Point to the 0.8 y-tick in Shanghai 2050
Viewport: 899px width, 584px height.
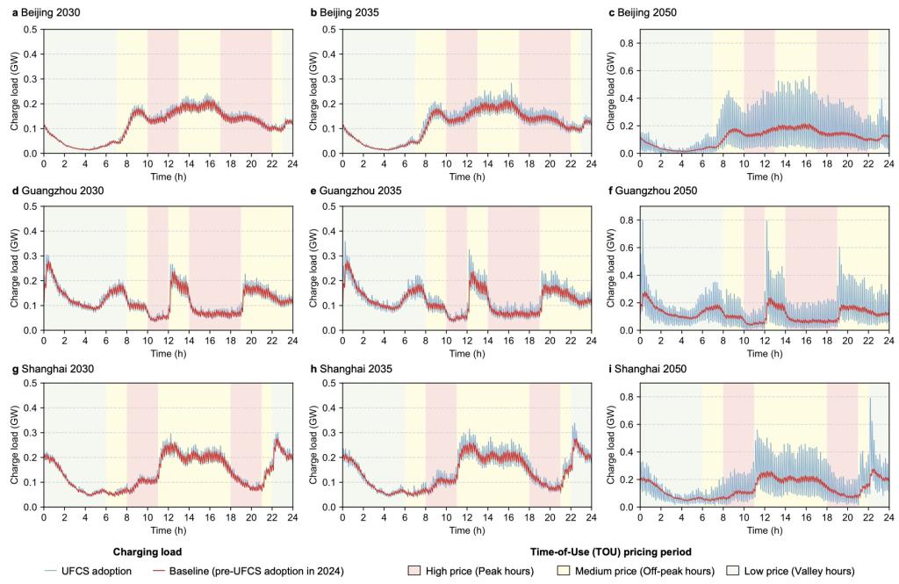[629, 397]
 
